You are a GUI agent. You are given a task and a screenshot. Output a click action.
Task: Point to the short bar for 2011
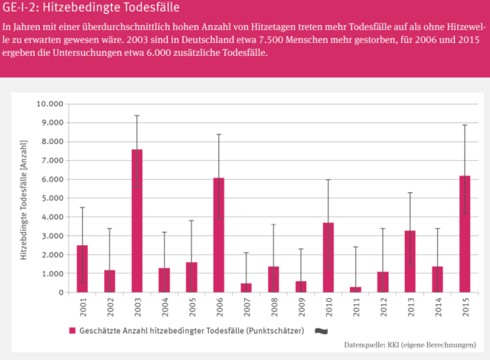click(x=355, y=289)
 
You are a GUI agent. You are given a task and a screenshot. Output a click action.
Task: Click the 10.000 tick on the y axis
click(x=47, y=104)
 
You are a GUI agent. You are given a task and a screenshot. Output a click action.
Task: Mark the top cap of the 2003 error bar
click(x=137, y=116)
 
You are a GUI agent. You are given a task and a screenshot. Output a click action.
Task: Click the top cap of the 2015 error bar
click(x=465, y=125)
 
